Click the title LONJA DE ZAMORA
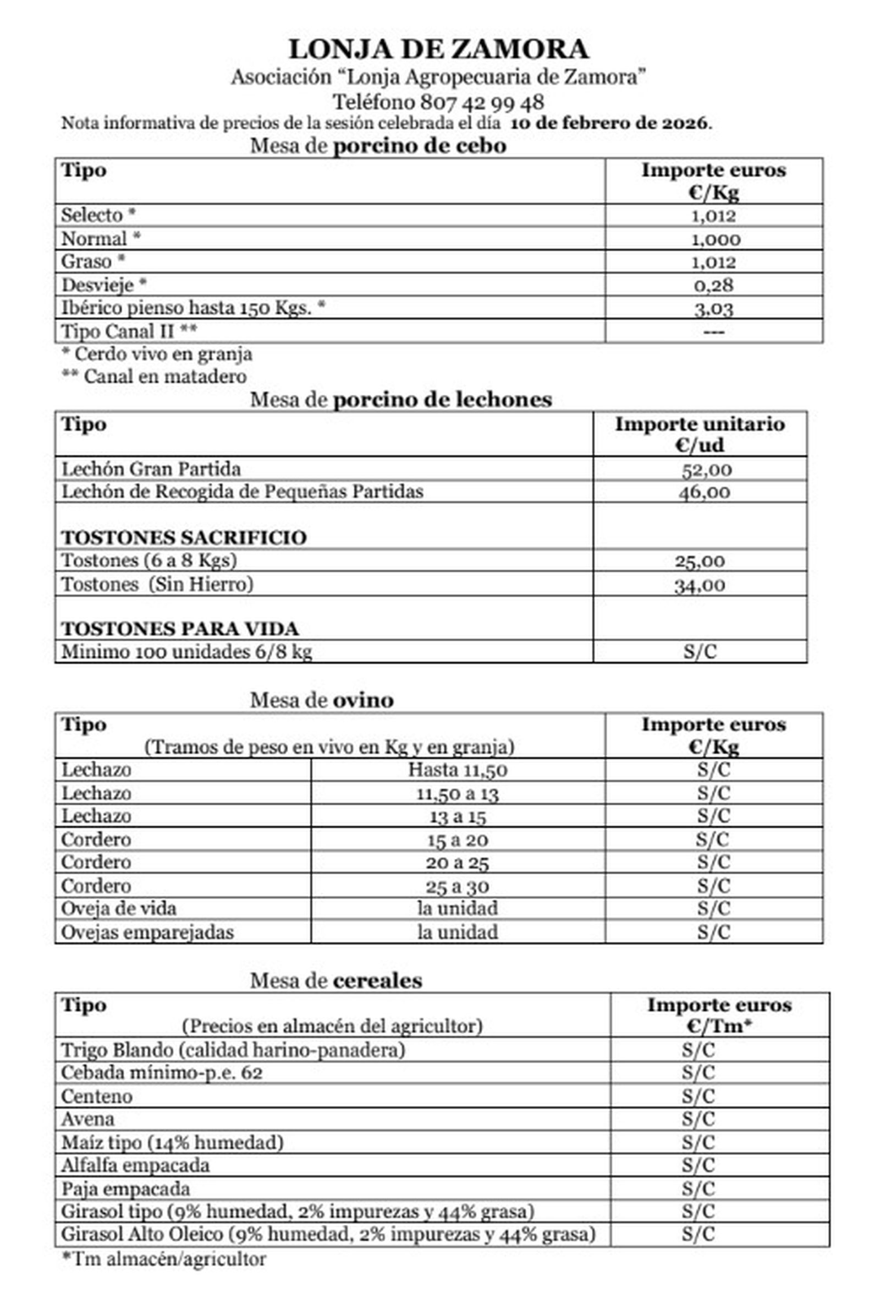(438, 49)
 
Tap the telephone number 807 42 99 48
(481, 102)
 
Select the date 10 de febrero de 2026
(610, 123)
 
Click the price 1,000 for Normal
(715, 239)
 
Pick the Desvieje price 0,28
(713, 286)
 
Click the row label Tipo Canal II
(129, 331)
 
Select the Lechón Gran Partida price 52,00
(706, 470)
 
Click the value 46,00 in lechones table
(704, 493)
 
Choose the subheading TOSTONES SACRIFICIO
(184, 538)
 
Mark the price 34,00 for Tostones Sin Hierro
(700, 585)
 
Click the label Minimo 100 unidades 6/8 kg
(186, 652)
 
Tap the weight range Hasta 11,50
(457, 770)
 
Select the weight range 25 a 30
(457, 887)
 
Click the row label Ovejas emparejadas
(147, 933)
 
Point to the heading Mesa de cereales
(335, 980)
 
